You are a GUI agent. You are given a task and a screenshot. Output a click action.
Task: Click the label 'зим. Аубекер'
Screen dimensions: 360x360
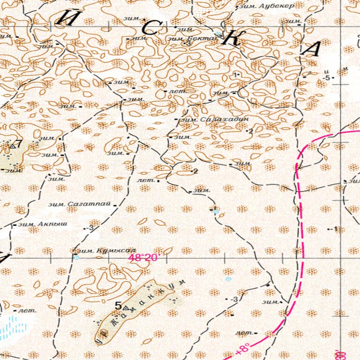pos(266,7)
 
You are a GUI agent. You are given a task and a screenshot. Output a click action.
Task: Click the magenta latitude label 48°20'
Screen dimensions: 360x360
pos(144,258)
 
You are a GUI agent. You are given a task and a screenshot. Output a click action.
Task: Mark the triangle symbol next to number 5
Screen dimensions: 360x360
pos(126,308)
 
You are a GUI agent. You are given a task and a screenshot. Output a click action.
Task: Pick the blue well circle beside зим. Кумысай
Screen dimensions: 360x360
pos(76,257)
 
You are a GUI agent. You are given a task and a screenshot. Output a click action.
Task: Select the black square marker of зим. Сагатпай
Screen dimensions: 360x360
pos(115,205)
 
